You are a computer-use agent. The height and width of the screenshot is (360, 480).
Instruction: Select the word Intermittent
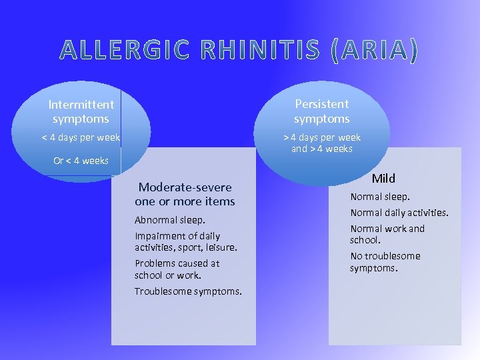click(81, 105)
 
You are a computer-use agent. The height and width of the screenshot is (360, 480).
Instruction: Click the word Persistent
click(322, 104)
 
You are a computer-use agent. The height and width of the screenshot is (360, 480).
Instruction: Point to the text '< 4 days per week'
click(81, 137)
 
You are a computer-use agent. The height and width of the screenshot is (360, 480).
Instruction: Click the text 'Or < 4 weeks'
click(81, 161)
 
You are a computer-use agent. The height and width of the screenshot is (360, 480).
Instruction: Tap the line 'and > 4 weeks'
click(322, 149)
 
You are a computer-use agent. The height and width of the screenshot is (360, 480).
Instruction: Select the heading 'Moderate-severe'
click(185, 187)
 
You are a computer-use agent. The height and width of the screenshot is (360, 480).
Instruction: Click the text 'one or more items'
click(185, 201)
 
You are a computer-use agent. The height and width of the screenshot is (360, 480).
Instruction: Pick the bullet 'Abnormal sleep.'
click(170, 220)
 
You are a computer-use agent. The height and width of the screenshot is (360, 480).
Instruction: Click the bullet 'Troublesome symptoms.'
click(188, 291)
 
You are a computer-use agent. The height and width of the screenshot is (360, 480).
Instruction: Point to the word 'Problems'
click(155, 263)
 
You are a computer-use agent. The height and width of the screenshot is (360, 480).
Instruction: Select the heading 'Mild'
click(383, 178)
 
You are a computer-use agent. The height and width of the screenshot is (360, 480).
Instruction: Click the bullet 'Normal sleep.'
click(381, 197)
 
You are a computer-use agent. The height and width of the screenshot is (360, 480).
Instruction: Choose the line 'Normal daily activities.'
click(399, 213)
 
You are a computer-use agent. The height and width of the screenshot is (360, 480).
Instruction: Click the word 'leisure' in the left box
click(219, 247)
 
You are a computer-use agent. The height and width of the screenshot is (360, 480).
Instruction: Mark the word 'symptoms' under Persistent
click(322, 119)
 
